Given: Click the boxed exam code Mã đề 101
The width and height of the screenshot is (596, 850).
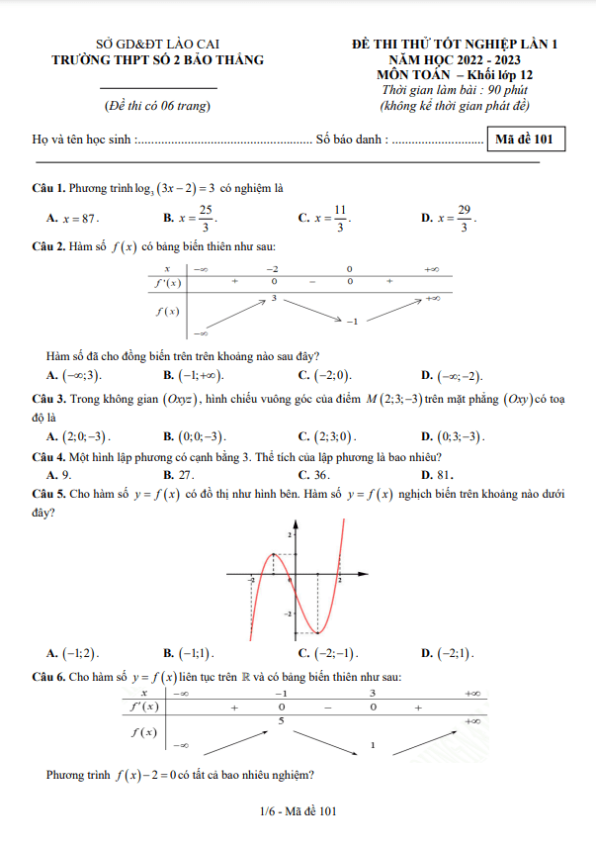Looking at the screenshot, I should click(x=529, y=141).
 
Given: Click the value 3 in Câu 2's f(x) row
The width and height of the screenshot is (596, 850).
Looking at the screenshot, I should click(x=273, y=297).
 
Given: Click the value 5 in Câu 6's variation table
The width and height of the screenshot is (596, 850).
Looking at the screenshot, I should click(x=282, y=721).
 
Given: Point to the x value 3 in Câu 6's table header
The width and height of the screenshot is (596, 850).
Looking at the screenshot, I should click(x=373, y=694).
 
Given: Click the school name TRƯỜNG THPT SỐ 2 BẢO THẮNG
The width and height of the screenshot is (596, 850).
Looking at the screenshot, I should click(x=158, y=59).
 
